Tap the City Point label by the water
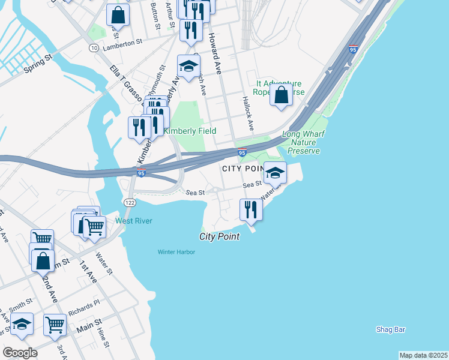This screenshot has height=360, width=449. click(219, 237)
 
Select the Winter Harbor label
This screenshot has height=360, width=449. click(176, 252)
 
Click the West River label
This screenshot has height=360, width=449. click(133, 221)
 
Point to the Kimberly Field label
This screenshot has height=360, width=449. click(190, 131)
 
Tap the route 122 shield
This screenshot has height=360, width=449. click(129, 203)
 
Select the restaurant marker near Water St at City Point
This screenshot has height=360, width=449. click(251, 209)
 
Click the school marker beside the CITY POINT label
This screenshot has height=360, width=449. click(275, 173)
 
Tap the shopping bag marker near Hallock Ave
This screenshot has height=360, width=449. click(281, 95)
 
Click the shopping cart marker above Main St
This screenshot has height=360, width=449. click(55, 325)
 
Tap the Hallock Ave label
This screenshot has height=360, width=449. click(248, 112)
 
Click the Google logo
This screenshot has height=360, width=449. click(20, 353)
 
